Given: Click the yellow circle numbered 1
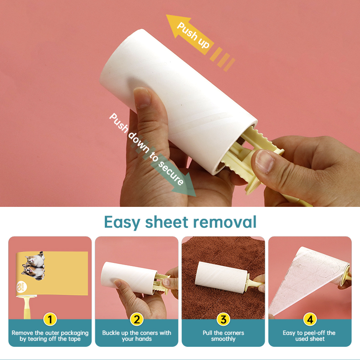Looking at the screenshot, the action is click(x=50, y=319).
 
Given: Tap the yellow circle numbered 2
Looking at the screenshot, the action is click(x=137, y=319).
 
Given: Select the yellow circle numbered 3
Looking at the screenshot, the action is click(x=223, y=319).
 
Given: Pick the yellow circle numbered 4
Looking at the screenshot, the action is click(x=310, y=319).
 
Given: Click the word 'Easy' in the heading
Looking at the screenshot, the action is click(x=122, y=222).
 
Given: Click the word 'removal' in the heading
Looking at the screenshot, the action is click(x=225, y=222).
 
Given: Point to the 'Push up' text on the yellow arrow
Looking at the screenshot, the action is click(x=193, y=35).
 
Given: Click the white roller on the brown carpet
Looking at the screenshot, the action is click(x=221, y=278).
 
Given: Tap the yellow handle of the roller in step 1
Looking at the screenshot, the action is click(x=27, y=308).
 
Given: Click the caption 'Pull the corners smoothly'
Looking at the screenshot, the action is click(x=223, y=336).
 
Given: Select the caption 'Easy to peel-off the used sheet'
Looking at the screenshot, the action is click(x=309, y=336).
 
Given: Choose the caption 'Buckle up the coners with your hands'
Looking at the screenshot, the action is click(x=137, y=336).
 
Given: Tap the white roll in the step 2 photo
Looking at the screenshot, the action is click(x=129, y=278).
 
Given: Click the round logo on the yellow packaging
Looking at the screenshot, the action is click(x=21, y=287).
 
